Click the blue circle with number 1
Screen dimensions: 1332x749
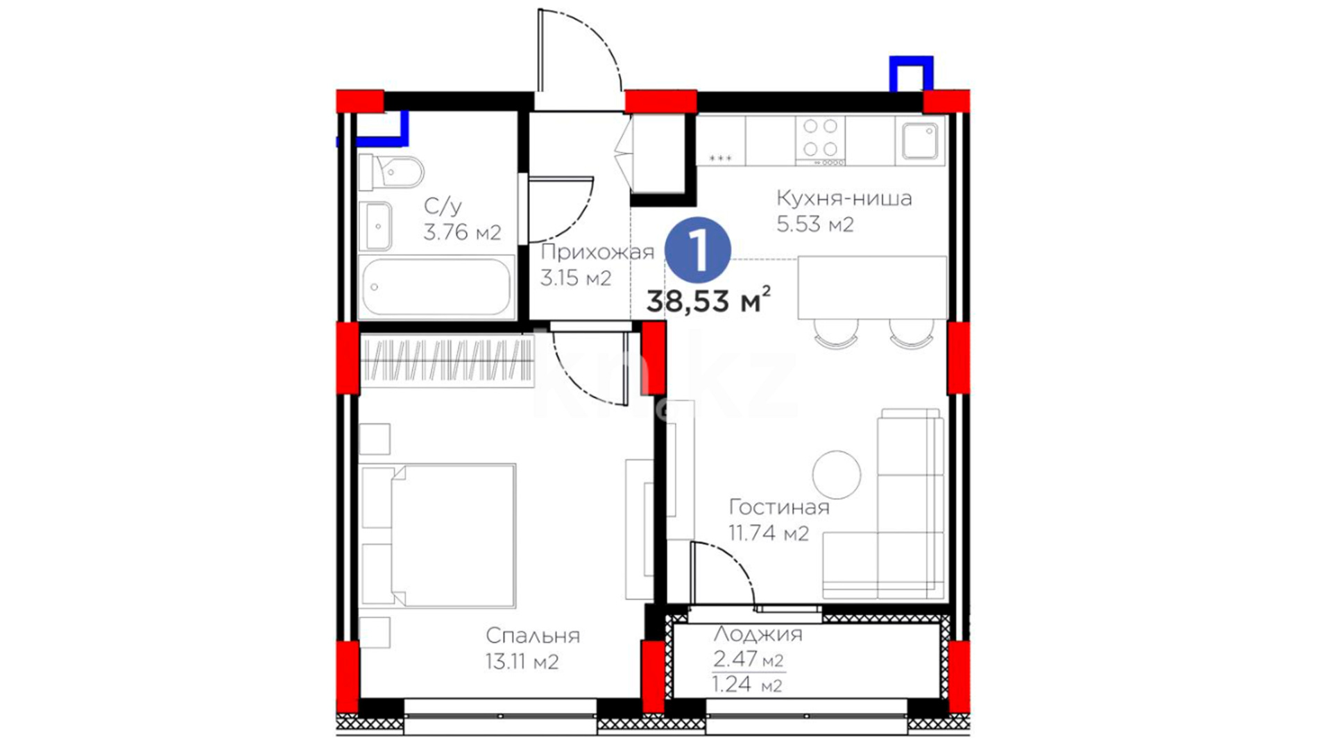[x=697, y=250]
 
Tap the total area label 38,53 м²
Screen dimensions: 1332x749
[x=708, y=300]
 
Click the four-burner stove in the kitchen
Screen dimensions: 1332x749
[x=820, y=141]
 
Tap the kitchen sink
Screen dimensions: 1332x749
[x=920, y=141]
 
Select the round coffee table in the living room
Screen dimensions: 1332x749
[x=837, y=474]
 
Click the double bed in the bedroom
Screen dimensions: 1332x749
[x=438, y=535]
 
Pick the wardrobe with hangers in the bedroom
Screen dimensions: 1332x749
[x=447, y=361]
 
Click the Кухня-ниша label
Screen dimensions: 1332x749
[x=844, y=198]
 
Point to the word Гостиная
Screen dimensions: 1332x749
[x=779, y=507]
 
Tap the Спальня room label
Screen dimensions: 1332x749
[x=532, y=635]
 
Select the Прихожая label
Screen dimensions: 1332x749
[x=597, y=252]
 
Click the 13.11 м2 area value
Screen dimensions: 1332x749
[x=522, y=662]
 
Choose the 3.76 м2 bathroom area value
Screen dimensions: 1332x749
[x=462, y=232]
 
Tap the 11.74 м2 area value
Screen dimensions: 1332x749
[x=769, y=533]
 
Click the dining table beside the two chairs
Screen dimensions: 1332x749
[x=872, y=288]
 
